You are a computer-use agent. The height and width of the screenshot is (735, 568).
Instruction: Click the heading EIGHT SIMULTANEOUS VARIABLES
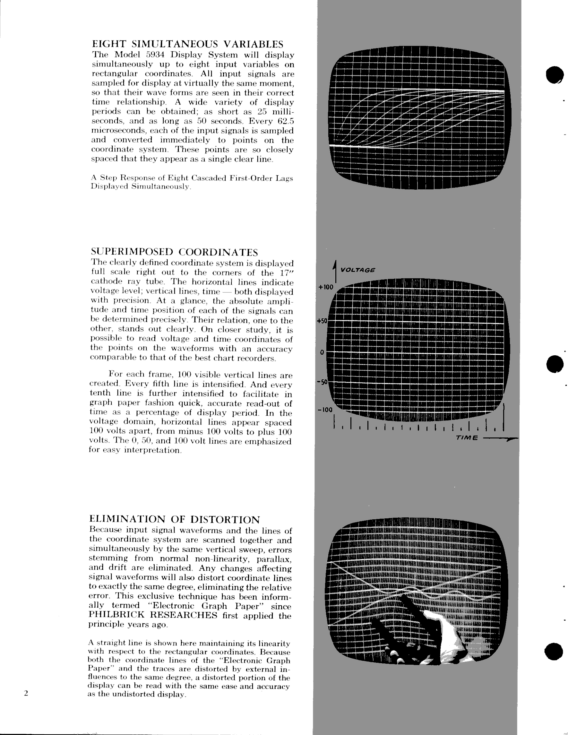[187, 44]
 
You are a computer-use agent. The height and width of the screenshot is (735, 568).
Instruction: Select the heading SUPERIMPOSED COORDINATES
[174, 252]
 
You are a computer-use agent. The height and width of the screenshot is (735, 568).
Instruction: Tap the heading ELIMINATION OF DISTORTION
[174, 520]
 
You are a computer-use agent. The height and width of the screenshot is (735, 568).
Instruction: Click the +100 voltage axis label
[326, 287]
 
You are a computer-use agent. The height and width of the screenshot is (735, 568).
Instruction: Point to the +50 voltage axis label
[322, 321]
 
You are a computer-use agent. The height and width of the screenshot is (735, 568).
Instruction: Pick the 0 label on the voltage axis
[322, 352]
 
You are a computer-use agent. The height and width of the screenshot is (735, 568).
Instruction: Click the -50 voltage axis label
[322, 382]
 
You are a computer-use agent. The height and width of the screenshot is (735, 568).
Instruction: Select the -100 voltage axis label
[325, 410]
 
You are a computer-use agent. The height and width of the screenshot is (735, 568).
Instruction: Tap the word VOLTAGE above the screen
[358, 270]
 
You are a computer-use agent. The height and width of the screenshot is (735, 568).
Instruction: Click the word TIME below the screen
[467, 438]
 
